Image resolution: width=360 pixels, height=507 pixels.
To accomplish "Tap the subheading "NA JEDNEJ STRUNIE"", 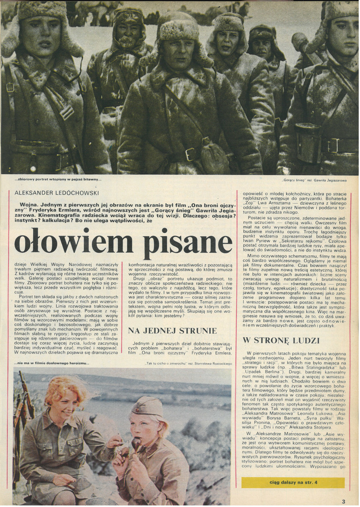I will tap(173, 330).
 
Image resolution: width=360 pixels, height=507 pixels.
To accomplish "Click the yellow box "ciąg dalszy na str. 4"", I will tap(293, 483).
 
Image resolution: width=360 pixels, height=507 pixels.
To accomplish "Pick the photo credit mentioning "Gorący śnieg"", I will tap(314, 180).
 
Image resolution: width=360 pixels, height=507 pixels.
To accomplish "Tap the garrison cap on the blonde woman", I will tap(147, 407).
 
